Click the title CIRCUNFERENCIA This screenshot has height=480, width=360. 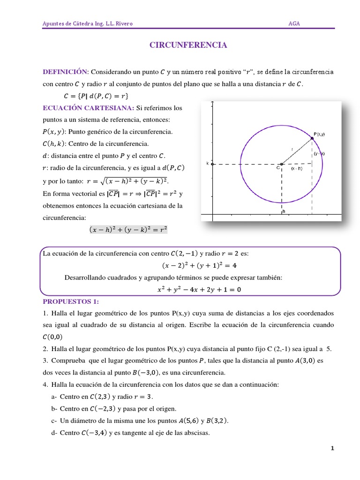[x=188, y=45]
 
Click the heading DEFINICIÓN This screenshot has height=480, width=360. [x=65, y=72]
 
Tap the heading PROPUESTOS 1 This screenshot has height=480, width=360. [x=72, y=301]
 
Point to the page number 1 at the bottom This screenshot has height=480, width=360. [x=332, y=449]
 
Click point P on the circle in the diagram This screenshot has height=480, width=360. [x=313, y=138]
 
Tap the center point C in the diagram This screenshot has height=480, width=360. [x=281, y=164]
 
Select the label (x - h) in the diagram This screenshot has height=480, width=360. [x=296, y=168]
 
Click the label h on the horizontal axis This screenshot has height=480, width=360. [x=284, y=211]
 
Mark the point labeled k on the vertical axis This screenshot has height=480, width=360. [x=212, y=164]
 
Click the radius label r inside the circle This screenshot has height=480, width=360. [x=292, y=149]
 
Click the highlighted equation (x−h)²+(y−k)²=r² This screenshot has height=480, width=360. [x=128, y=230]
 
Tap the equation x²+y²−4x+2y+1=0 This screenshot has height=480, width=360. [x=199, y=290]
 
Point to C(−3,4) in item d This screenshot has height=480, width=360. [x=91, y=433]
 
